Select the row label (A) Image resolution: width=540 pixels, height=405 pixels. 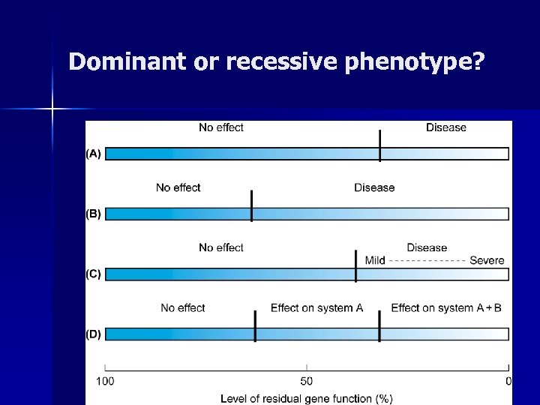[93, 154]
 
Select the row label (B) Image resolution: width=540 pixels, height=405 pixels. [93, 214]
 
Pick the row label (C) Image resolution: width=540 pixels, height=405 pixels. [93, 274]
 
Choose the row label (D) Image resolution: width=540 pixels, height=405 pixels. [93, 334]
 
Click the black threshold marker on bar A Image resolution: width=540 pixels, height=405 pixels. [380, 145]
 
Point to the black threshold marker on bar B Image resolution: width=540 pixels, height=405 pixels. [251, 205]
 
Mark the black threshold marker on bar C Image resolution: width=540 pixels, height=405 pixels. [355, 266]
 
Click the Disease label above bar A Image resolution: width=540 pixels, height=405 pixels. [446, 127]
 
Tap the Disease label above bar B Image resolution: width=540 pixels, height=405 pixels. [374, 187]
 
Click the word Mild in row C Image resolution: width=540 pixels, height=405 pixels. [375, 260]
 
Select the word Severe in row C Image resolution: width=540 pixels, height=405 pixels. [487, 260]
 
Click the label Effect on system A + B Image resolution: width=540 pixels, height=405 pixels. [446, 308]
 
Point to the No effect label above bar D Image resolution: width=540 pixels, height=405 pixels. [182, 308]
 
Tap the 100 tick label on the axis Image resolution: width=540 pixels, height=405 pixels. [105, 382]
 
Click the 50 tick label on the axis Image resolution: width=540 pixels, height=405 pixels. [307, 382]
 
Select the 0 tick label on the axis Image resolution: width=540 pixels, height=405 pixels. [508, 382]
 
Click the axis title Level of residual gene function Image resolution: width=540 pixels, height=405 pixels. [306, 398]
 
